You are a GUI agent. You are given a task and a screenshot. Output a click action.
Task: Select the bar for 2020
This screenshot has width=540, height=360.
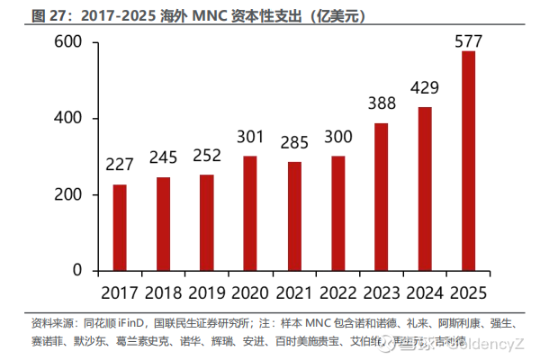(250, 213)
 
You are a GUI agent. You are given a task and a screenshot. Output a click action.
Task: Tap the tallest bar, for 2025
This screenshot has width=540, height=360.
(469, 161)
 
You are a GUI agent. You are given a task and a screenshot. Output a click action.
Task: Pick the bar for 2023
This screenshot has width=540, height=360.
(382, 197)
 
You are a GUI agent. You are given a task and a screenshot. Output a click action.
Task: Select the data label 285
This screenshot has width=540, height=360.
(294, 142)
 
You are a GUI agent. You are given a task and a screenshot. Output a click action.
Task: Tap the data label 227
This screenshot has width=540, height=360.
(120, 166)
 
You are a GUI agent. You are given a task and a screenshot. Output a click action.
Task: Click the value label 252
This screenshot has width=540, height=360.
(207, 155)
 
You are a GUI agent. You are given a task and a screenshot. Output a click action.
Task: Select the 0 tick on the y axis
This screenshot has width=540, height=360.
(77, 271)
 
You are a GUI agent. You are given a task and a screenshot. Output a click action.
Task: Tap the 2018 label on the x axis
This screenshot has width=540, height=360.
(163, 293)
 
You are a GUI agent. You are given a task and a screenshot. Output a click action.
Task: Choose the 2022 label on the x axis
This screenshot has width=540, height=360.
(337, 293)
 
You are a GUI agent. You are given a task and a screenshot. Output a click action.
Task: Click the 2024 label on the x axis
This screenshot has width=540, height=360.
(425, 293)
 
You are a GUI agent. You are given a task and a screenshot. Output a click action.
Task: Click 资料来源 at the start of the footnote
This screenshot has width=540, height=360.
(49, 322)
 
